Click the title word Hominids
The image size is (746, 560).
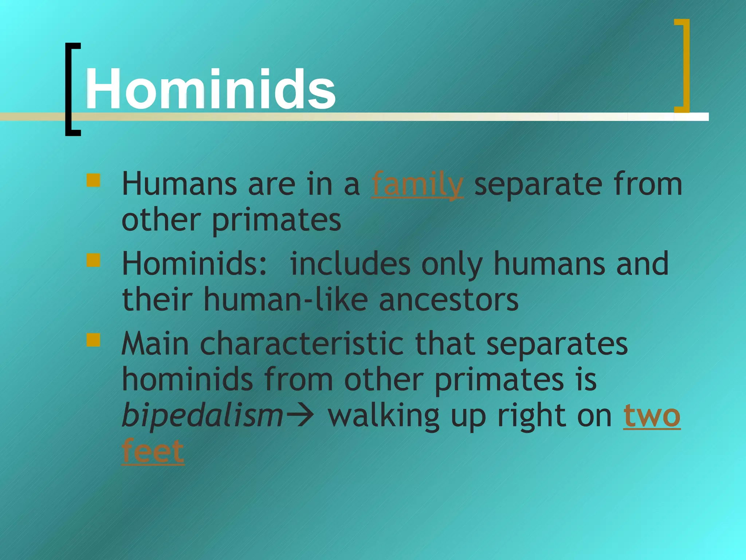[x=211, y=89]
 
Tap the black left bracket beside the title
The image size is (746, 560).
[x=69, y=89]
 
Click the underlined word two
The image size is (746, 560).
[x=652, y=416]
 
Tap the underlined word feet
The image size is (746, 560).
[x=153, y=451]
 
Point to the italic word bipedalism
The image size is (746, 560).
[x=203, y=416]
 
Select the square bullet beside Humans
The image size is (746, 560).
[x=93, y=180]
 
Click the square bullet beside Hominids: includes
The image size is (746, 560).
[x=93, y=260]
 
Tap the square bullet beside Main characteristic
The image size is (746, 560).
[x=93, y=340]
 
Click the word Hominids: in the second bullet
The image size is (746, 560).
[x=195, y=264]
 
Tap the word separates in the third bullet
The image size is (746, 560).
[x=557, y=345]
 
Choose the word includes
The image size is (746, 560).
[x=350, y=264]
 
